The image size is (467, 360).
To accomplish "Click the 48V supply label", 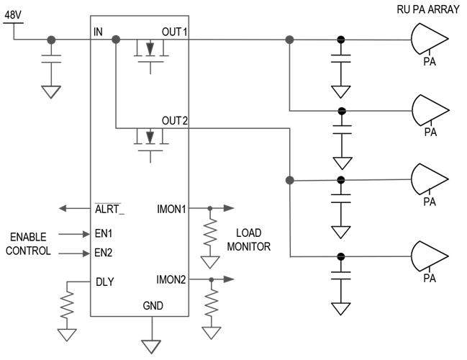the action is click(13, 15).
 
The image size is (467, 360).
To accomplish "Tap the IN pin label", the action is click(98, 32).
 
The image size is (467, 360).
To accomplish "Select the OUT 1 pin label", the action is click(175, 32).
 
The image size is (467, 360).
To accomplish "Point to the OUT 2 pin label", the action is click(175, 121).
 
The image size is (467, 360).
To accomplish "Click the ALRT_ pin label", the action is click(109, 209).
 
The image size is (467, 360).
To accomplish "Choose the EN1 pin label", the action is click(104, 233).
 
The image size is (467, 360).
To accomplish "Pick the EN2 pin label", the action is click(104, 253).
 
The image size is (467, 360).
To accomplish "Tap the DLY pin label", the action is click(105, 282).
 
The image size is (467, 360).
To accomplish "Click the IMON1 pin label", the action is click(171, 209).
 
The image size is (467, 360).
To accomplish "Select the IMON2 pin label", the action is click(171, 279).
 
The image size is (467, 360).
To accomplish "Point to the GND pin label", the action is click(153, 305).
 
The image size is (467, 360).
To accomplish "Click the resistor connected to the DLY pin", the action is click(67, 305).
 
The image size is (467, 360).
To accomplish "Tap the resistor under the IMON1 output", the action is click(210, 232).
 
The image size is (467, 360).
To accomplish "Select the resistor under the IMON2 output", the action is click(212, 303).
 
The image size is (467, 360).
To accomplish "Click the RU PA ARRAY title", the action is click(428, 9).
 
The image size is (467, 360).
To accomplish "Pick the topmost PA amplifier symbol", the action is click(430, 39).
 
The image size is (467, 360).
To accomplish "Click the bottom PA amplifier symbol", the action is click(430, 256).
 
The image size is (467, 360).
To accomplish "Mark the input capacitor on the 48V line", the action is click(51, 59).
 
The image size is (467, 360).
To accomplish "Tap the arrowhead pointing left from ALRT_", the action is click(63, 208).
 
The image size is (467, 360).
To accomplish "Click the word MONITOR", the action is click(249, 247).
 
